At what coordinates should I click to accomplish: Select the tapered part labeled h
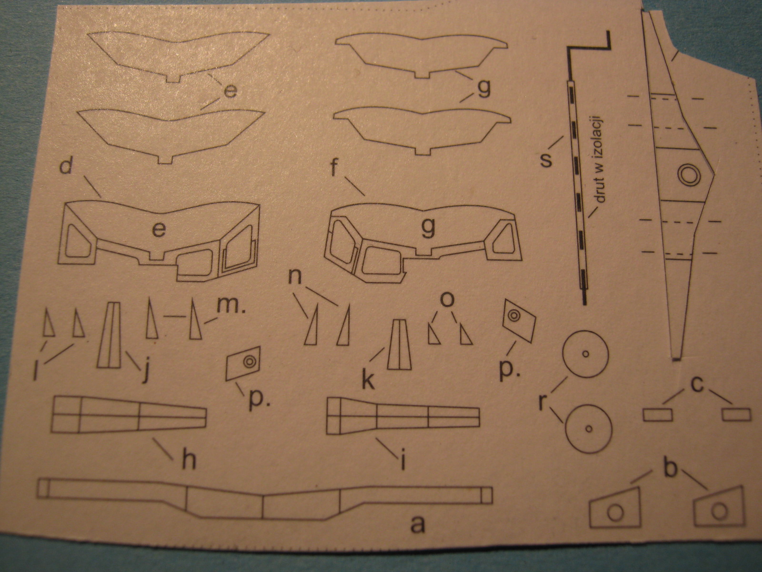point(129,415)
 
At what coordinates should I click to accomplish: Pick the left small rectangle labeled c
point(658,415)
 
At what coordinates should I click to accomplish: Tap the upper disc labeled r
point(586,354)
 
